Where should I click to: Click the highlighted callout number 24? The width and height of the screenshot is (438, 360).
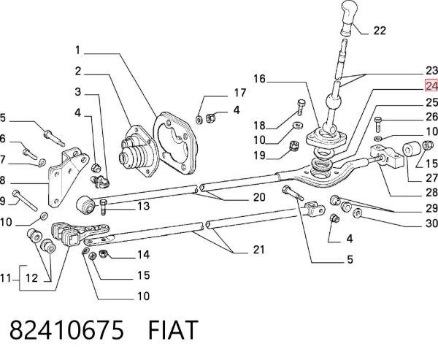(x=431, y=85)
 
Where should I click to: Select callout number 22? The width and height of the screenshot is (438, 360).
(x=380, y=31)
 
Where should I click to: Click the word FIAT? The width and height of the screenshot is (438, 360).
(x=173, y=330)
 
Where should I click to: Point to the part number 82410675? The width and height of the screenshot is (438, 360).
(x=66, y=330)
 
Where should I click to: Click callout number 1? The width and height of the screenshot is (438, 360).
(x=77, y=50)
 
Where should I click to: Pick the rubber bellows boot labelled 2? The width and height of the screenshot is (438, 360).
(x=138, y=151)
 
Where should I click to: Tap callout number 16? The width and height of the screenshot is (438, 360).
(x=259, y=79)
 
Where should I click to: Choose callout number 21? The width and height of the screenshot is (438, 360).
(x=258, y=249)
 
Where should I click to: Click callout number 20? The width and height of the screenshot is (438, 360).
(x=259, y=197)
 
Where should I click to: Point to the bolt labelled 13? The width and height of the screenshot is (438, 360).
(x=102, y=207)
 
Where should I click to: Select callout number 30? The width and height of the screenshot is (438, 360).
(x=431, y=223)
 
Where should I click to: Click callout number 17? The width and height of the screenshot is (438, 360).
(x=240, y=93)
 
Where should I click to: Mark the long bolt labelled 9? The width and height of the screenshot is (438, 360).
(x=25, y=200)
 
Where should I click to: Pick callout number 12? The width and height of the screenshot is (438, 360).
(x=31, y=278)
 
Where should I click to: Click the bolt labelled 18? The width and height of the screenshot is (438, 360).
(x=301, y=107)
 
